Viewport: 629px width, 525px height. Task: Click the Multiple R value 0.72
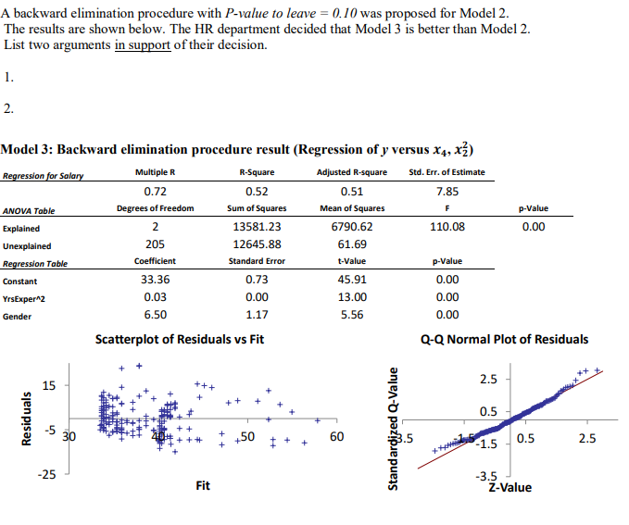(155, 192)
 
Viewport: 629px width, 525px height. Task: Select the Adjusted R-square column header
(351, 172)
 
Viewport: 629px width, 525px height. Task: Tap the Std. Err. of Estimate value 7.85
(447, 192)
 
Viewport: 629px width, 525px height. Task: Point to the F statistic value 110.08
(447, 227)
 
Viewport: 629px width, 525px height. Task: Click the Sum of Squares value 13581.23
(257, 227)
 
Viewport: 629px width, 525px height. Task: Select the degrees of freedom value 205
(155, 244)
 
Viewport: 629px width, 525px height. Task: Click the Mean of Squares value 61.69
(351, 244)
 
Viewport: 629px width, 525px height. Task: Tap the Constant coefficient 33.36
(155, 280)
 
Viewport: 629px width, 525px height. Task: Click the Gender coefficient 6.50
(155, 315)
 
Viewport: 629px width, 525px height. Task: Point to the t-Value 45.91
(351, 280)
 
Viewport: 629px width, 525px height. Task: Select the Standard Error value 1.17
(257, 315)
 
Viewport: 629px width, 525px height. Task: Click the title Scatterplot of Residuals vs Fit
(180, 340)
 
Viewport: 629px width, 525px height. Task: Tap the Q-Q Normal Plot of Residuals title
(504, 340)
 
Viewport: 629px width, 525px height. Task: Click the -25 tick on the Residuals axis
(46, 475)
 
